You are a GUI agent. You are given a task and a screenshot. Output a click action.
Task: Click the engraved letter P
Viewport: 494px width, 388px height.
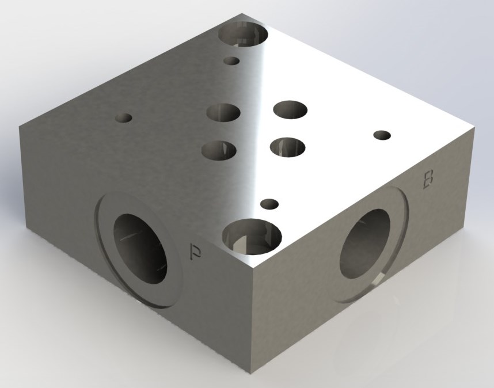(196, 252)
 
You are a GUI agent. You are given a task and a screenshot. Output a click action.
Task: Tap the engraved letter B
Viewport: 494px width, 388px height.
(428, 180)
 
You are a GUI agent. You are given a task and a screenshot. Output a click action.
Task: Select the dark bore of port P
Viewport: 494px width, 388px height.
(140, 249)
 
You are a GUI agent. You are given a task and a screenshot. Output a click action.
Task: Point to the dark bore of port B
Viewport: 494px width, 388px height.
(365, 244)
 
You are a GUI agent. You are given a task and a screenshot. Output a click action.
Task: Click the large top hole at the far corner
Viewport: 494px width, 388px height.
(243, 34)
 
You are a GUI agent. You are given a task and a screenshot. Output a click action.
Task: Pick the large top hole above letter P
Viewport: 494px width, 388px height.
(252, 236)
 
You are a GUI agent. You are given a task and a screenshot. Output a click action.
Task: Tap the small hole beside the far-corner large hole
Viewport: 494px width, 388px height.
(231, 61)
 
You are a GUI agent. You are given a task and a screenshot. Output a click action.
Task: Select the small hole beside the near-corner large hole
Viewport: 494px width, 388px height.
(269, 204)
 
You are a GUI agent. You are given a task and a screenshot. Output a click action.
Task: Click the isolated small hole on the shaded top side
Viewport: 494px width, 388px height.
(123, 118)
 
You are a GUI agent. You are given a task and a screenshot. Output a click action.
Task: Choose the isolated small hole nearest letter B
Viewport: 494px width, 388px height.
(382, 135)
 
